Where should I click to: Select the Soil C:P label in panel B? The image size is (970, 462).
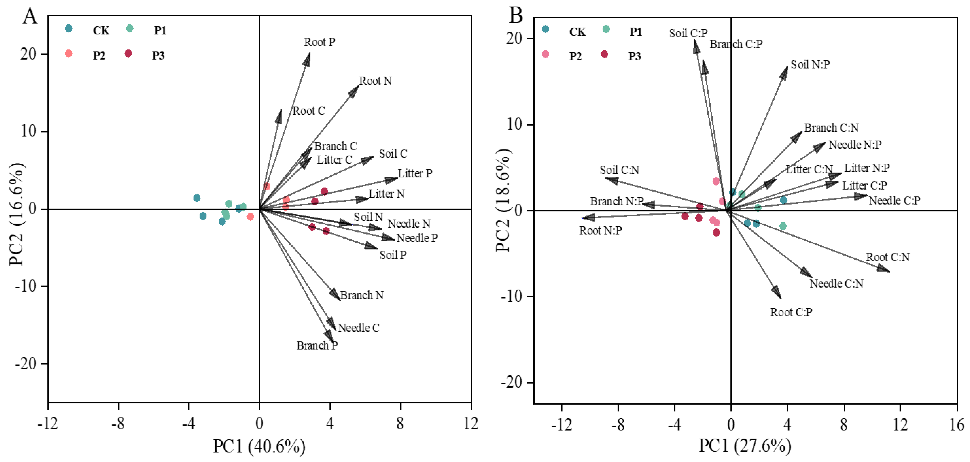point(688,33)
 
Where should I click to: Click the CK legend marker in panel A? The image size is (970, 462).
point(68,28)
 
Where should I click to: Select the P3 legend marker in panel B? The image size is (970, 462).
point(604,54)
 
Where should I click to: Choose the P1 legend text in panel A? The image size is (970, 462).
point(160,30)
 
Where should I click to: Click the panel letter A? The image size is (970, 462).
point(30,17)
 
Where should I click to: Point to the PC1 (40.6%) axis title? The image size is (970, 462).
point(259,447)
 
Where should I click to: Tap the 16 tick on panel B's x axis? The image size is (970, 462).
point(956,425)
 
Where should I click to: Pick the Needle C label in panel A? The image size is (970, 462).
point(358,328)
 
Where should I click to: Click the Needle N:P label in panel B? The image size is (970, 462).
point(855,145)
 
